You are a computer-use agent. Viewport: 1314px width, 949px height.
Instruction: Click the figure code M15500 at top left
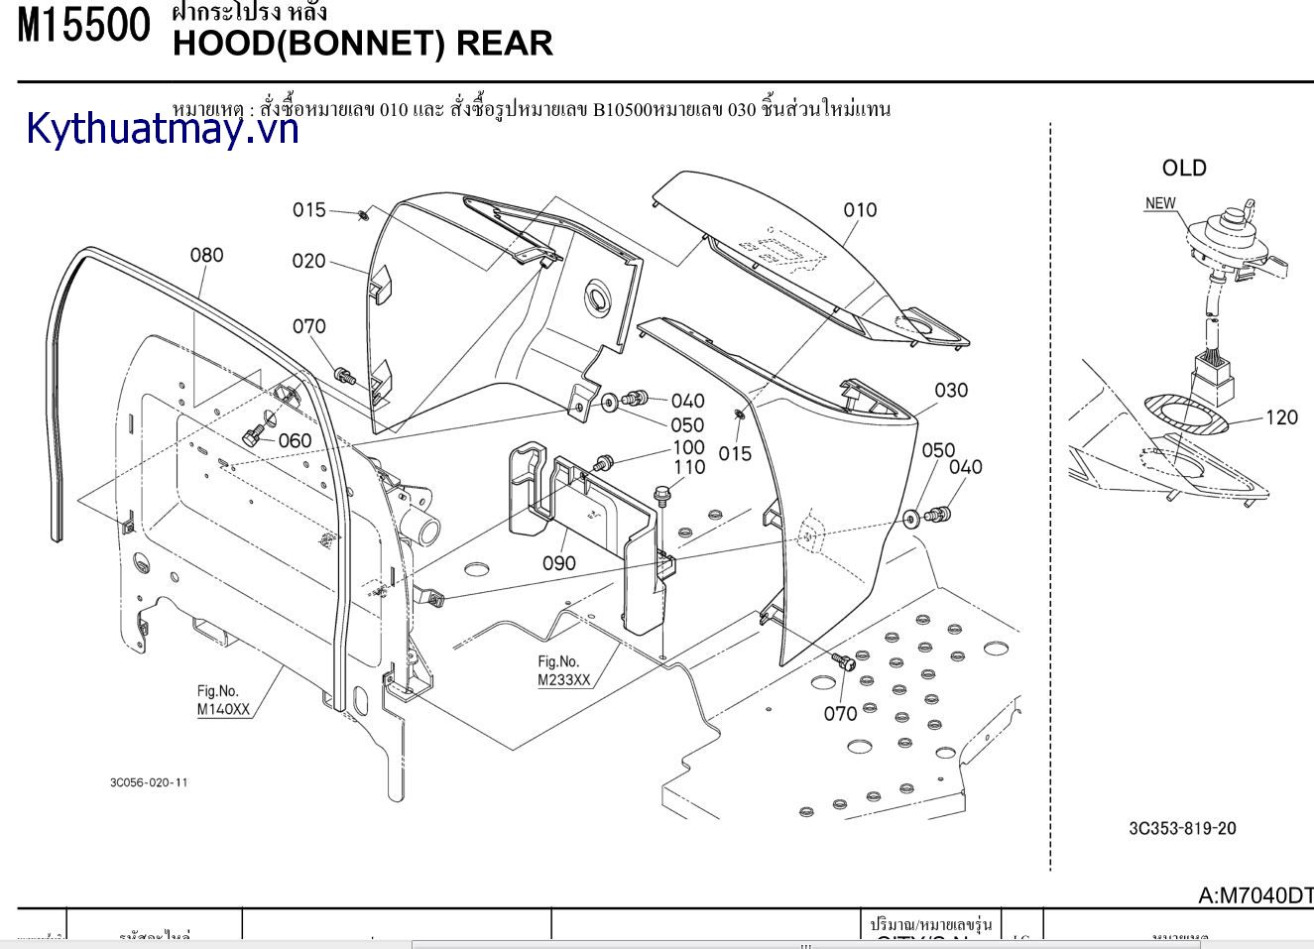(x=84, y=26)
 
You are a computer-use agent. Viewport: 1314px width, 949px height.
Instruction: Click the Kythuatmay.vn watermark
(x=163, y=129)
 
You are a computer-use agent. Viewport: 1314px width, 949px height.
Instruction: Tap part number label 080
(x=206, y=255)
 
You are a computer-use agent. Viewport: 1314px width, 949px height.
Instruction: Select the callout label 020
(x=308, y=261)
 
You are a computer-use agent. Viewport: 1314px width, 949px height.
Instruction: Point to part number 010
(x=860, y=210)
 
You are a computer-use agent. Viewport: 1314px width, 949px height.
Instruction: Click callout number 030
(x=950, y=390)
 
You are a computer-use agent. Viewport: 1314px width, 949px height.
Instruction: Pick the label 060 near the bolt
(x=295, y=440)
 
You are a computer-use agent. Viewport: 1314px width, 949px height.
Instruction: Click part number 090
(x=558, y=563)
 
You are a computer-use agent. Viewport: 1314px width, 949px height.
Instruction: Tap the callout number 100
(x=688, y=448)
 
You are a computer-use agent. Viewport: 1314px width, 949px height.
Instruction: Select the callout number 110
(x=689, y=467)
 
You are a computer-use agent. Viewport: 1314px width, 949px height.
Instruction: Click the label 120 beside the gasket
(x=1281, y=417)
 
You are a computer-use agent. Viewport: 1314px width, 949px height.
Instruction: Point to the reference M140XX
(x=223, y=709)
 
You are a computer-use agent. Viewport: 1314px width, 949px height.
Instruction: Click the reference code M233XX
(x=564, y=679)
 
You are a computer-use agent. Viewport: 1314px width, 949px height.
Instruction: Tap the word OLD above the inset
(x=1184, y=169)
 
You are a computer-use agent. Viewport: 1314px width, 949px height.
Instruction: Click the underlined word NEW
(x=1160, y=203)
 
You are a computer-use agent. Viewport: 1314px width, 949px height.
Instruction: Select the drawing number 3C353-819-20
(x=1182, y=828)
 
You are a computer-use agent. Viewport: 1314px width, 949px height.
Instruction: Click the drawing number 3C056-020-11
(x=149, y=782)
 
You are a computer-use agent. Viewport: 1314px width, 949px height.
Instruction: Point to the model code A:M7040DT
(x=1255, y=895)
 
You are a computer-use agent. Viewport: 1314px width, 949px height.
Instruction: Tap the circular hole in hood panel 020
(x=600, y=297)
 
